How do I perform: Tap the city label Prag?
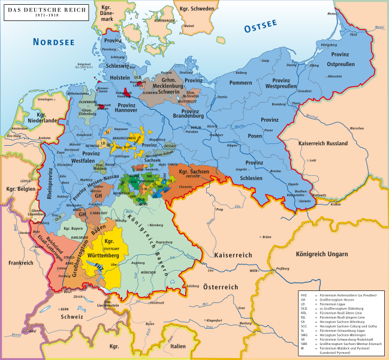[220, 209]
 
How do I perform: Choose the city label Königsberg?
[329, 45]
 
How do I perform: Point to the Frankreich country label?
[20, 262]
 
